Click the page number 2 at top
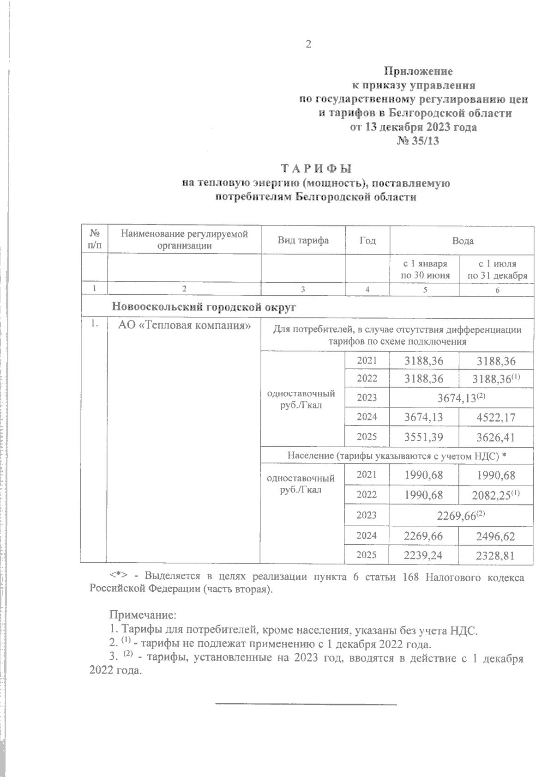[x=308, y=44]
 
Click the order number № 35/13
[x=418, y=141]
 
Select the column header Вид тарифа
[x=303, y=240]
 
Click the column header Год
[x=367, y=240]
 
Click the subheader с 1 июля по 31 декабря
[x=497, y=270]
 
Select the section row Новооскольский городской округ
[x=204, y=307]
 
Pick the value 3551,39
[x=423, y=437]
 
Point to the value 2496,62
[x=496, y=536]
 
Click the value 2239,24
[x=423, y=556]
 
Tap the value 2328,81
[x=496, y=556]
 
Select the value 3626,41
[x=496, y=437]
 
